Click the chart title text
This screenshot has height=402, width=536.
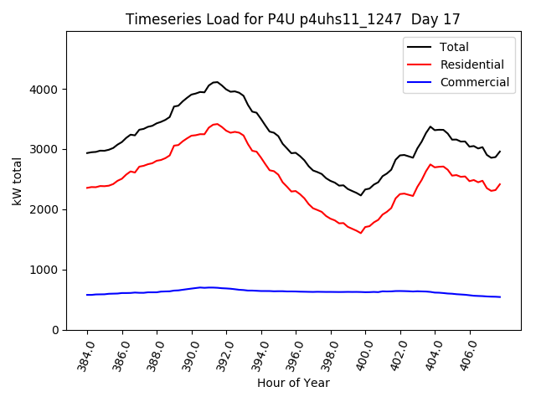click(x=293, y=19)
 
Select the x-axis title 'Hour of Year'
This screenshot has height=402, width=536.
click(x=293, y=384)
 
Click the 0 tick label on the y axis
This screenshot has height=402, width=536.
click(x=55, y=330)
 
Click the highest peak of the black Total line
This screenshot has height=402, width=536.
click(x=216, y=82)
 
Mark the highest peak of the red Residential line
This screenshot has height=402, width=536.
click(x=217, y=124)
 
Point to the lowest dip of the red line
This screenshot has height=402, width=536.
click(x=361, y=233)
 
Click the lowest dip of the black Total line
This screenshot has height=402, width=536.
click(x=361, y=195)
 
